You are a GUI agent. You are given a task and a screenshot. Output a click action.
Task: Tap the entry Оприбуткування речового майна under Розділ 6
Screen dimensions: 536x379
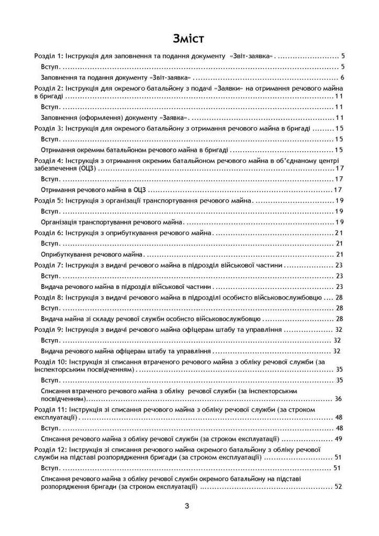[91, 254]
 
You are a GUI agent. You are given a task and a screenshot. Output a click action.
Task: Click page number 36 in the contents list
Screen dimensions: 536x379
[338, 399]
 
